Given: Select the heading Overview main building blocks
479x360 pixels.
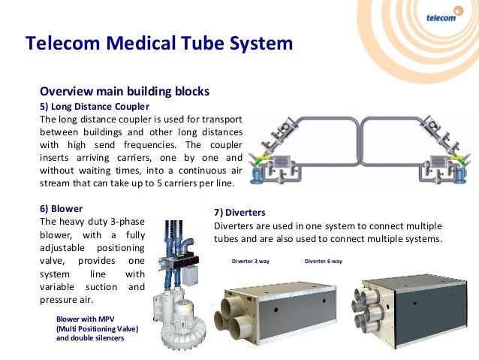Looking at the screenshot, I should tap(124, 92).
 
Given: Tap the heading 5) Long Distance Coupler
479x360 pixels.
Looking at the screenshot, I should tap(94, 106).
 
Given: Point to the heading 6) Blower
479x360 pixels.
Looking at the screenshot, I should tap(61, 208).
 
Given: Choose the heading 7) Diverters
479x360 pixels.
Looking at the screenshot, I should tap(239, 213).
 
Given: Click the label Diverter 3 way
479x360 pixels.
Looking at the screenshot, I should tap(250, 262).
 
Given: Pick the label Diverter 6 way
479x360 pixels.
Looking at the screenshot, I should tap(323, 262).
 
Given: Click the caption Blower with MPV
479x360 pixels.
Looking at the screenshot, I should tap(88, 319).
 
